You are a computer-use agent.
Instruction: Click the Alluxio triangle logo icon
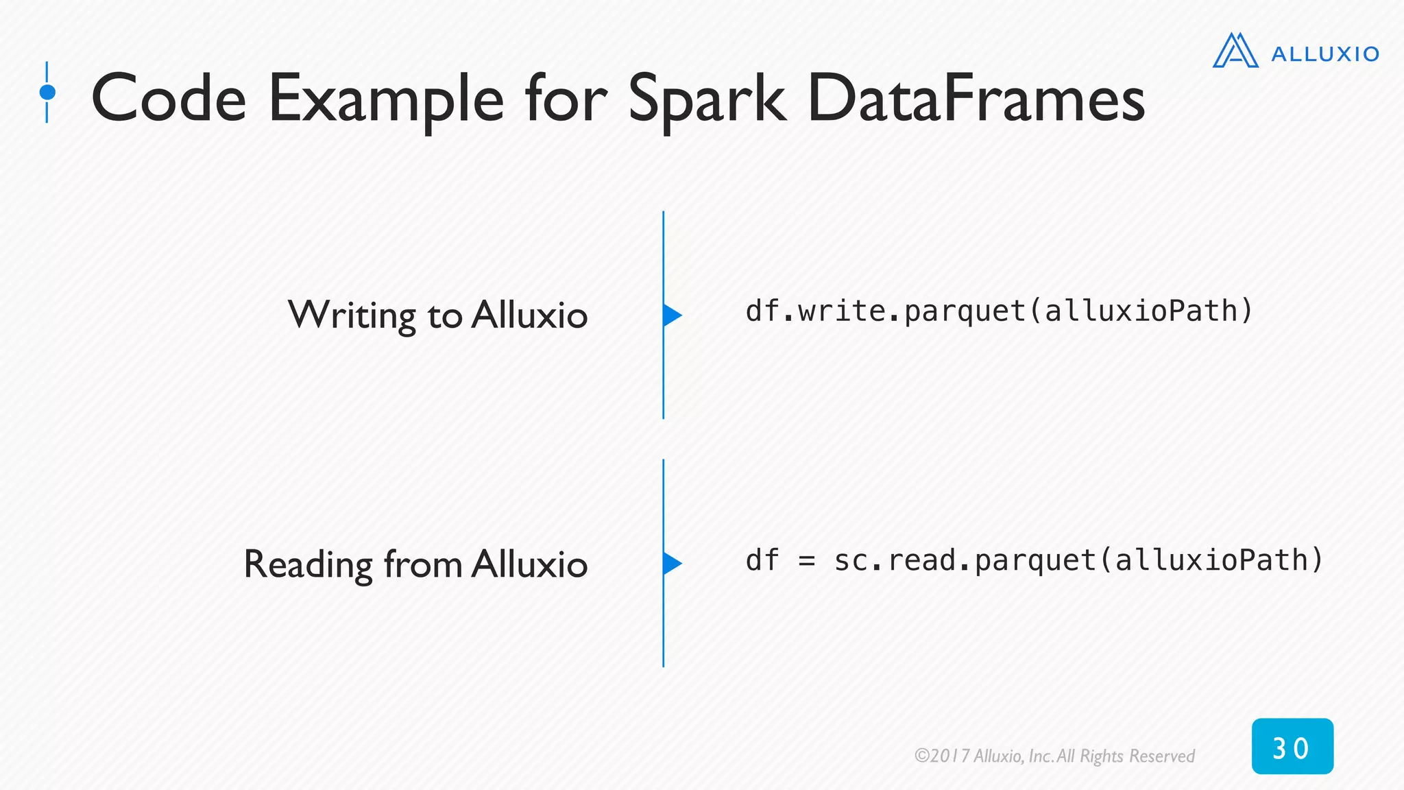click(x=1235, y=51)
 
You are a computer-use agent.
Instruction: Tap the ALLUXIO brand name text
click(x=1324, y=54)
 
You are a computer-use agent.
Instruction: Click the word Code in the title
click(x=169, y=99)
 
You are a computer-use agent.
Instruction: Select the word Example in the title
click(x=386, y=100)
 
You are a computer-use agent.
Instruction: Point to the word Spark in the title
click(x=706, y=99)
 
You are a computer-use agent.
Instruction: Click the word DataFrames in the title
click(x=976, y=99)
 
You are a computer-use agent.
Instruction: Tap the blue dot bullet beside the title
click(x=47, y=92)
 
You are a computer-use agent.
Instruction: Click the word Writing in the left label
click(x=352, y=316)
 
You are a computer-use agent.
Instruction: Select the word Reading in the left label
click(x=308, y=565)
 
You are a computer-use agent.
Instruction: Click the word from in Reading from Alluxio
click(x=423, y=564)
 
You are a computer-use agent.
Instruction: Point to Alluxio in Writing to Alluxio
click(x=529, y=315)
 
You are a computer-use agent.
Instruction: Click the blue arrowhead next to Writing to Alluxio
click(x=672, y=315)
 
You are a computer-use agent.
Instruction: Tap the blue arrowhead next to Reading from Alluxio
click(x=672, y=564)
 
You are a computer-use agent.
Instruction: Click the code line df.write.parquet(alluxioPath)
click(x=999, y=311)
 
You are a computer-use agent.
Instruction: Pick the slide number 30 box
click(x=1292, y=747)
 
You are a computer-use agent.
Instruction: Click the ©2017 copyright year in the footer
click(x=943, y=756)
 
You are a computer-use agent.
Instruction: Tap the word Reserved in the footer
click(x=1161, y=756)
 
